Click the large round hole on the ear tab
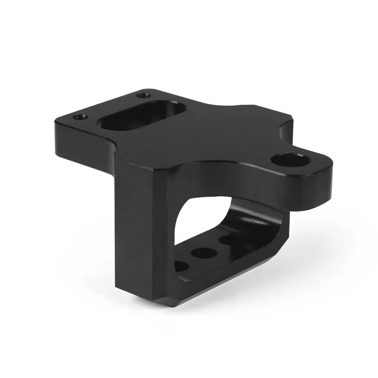[x=290, y=160]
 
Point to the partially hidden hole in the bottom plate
[x=181, y=266]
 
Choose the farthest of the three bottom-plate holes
[x=229, y=240]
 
